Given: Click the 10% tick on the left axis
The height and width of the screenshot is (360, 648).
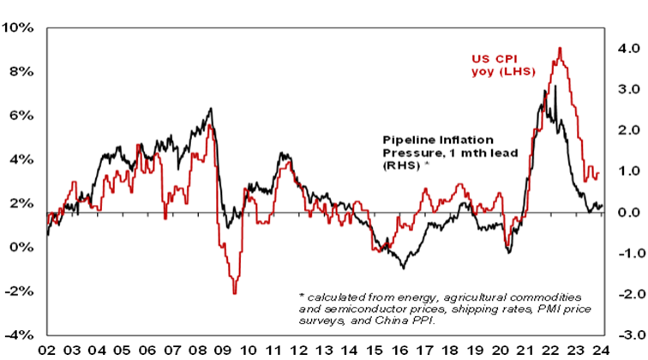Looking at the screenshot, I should click(x=20, y=28).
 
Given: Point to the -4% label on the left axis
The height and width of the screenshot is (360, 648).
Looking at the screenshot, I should click(x=20, y=335).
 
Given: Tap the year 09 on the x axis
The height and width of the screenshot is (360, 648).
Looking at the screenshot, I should click(x=221, y=350).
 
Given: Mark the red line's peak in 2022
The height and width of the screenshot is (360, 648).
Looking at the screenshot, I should click(x=560, y=48).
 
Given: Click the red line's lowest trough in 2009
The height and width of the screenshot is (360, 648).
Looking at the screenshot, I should click(x=234, y=292).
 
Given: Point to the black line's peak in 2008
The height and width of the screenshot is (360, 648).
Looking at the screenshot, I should click(x=212, y=109).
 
